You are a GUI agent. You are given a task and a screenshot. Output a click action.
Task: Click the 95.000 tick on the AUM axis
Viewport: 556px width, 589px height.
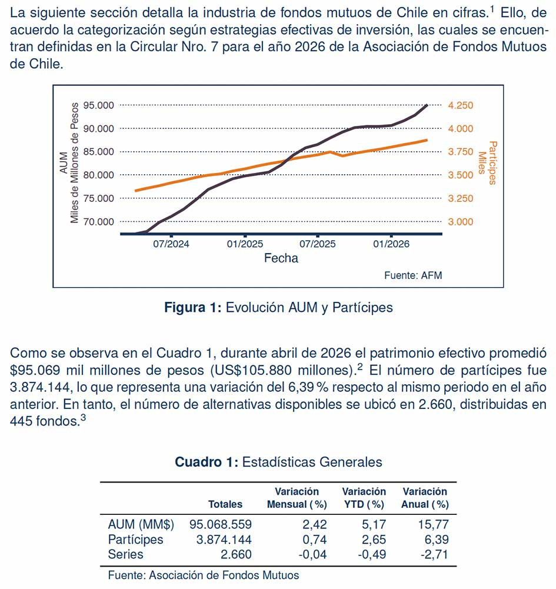tap(98, 105)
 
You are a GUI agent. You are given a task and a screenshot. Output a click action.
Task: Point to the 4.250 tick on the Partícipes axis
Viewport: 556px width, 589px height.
tap(461, 105)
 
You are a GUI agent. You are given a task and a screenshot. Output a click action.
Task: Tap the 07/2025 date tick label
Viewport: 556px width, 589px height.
tap(318, 244)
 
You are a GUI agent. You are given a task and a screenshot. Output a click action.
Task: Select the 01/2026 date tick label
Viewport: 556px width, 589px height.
tap(391, 244)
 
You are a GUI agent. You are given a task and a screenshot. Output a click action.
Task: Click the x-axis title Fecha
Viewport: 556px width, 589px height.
tap(281, 258)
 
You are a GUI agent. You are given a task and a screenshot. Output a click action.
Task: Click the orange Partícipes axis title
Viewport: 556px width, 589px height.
tap(488, 163)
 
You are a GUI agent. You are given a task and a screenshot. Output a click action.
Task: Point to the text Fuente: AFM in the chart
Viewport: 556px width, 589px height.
tap(413, 275)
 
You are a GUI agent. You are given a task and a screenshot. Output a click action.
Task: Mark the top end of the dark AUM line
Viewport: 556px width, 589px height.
tap(427, 105)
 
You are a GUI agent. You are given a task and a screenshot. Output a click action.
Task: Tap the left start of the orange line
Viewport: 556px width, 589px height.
tap(135, 191)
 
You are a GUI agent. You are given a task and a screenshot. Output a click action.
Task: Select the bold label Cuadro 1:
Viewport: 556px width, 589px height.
tap(207, 462)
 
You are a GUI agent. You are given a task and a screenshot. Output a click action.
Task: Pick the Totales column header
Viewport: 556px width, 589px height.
tap(225, 504)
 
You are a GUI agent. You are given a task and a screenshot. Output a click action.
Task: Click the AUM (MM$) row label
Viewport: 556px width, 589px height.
tap(141, 524)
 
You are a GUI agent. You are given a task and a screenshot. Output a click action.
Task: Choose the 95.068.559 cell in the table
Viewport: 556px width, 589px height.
tap(221, 524)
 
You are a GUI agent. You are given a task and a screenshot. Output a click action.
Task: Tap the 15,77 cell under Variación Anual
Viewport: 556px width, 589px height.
tap(433, 524)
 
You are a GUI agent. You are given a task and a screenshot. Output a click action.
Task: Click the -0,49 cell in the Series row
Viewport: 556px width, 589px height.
tap(372, 554)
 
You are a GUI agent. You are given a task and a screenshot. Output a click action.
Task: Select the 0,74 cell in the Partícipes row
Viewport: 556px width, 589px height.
tap(315, 540)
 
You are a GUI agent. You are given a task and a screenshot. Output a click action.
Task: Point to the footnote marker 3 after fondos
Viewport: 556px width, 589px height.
tap(83, 417)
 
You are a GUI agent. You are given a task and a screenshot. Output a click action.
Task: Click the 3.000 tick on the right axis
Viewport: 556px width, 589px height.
tap(461, 222)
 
